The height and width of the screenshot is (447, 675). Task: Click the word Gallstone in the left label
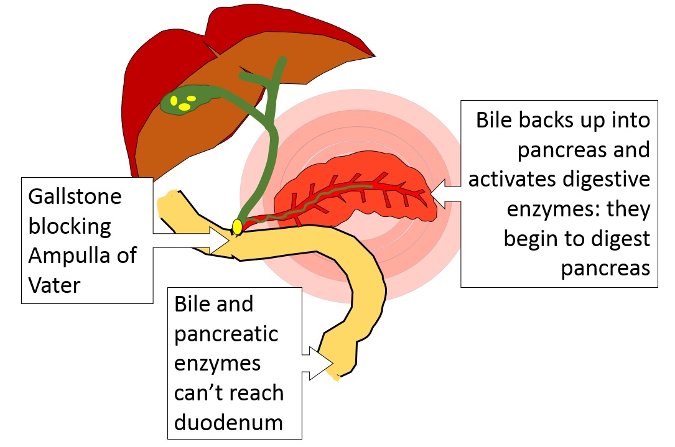coord(75,198)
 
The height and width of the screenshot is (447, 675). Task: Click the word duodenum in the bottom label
coord(229,422)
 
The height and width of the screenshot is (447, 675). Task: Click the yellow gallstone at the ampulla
coord(237,227)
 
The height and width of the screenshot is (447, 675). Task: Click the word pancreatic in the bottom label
coord(226,334)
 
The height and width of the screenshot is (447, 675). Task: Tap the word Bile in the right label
coord(495,120)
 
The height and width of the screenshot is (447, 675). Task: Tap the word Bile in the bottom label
coord(193,305)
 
